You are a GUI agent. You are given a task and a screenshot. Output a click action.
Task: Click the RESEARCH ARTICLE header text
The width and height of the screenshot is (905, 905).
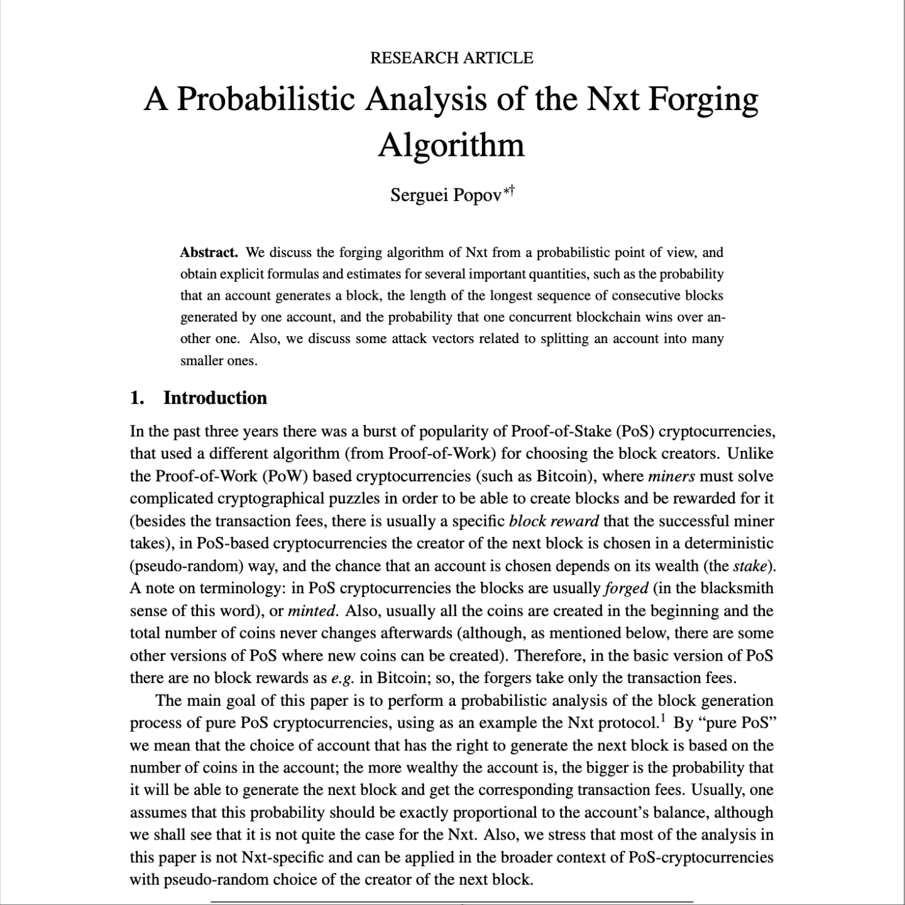click(x=451, y=58)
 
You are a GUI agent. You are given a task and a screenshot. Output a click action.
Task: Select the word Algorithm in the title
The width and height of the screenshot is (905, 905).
click(x=451, y=145)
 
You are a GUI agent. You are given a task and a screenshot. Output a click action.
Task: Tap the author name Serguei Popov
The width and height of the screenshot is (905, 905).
click(x=446, y=195)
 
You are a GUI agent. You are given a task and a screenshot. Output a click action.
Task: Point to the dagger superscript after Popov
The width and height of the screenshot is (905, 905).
click(x=512, y=188)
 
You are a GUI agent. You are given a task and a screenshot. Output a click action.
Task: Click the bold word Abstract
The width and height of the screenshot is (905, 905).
click(x=209, y=253)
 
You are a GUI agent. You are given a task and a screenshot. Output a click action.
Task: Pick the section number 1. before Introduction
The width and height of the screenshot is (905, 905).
click(x=137, y=398)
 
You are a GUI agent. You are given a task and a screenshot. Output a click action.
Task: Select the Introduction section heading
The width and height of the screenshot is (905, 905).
click(x=215, y=398)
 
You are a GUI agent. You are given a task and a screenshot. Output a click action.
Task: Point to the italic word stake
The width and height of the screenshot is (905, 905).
click(x=750, y=566)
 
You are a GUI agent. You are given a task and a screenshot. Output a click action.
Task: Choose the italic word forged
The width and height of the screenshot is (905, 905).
click(x=625, y=588)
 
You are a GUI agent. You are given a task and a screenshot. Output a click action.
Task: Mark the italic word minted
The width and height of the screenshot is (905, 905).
click(x=312, y=611)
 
